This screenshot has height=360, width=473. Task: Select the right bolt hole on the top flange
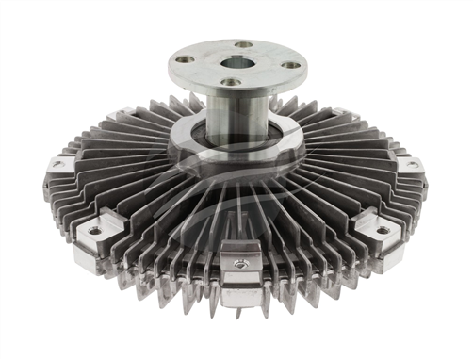pyautogui.click(x=289, y=64)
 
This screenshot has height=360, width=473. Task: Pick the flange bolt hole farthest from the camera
pyautogui.click(x=244, y=43)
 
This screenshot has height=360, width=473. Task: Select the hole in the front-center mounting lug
pyautogui.click(x=242, y=265)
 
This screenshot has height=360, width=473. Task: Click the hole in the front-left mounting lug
pyautogui.click(x=94, y=230)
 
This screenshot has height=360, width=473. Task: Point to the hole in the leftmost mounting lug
pyautogui.click(x=58, y=164)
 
